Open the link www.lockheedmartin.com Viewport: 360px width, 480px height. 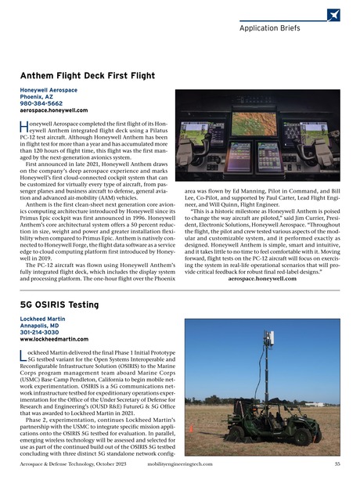[x=52, y=340]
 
